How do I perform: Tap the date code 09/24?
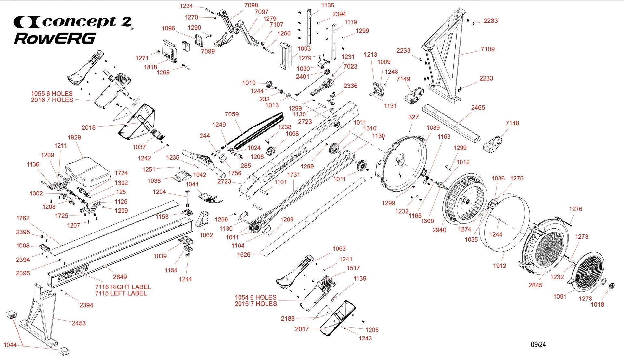pos(538,345)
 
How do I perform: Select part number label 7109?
pos(487,49)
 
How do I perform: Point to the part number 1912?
pos(500,266)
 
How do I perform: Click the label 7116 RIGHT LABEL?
pos(123,287)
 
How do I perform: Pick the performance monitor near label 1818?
pos(170,50)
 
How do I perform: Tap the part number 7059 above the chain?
pos(232,114)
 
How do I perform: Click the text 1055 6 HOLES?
pos(52,94)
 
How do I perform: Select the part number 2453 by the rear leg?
pos(79,323)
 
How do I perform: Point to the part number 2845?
pos(535,285)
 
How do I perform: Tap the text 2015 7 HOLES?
pos(256,304)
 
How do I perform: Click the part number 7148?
pos(512,123)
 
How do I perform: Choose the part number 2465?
pos(478,108)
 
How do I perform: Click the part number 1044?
pos(10,345)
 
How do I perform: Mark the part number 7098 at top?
pos(251,6)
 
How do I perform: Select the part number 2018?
pos(88,128)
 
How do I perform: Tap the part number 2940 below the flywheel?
pos(439,230)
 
